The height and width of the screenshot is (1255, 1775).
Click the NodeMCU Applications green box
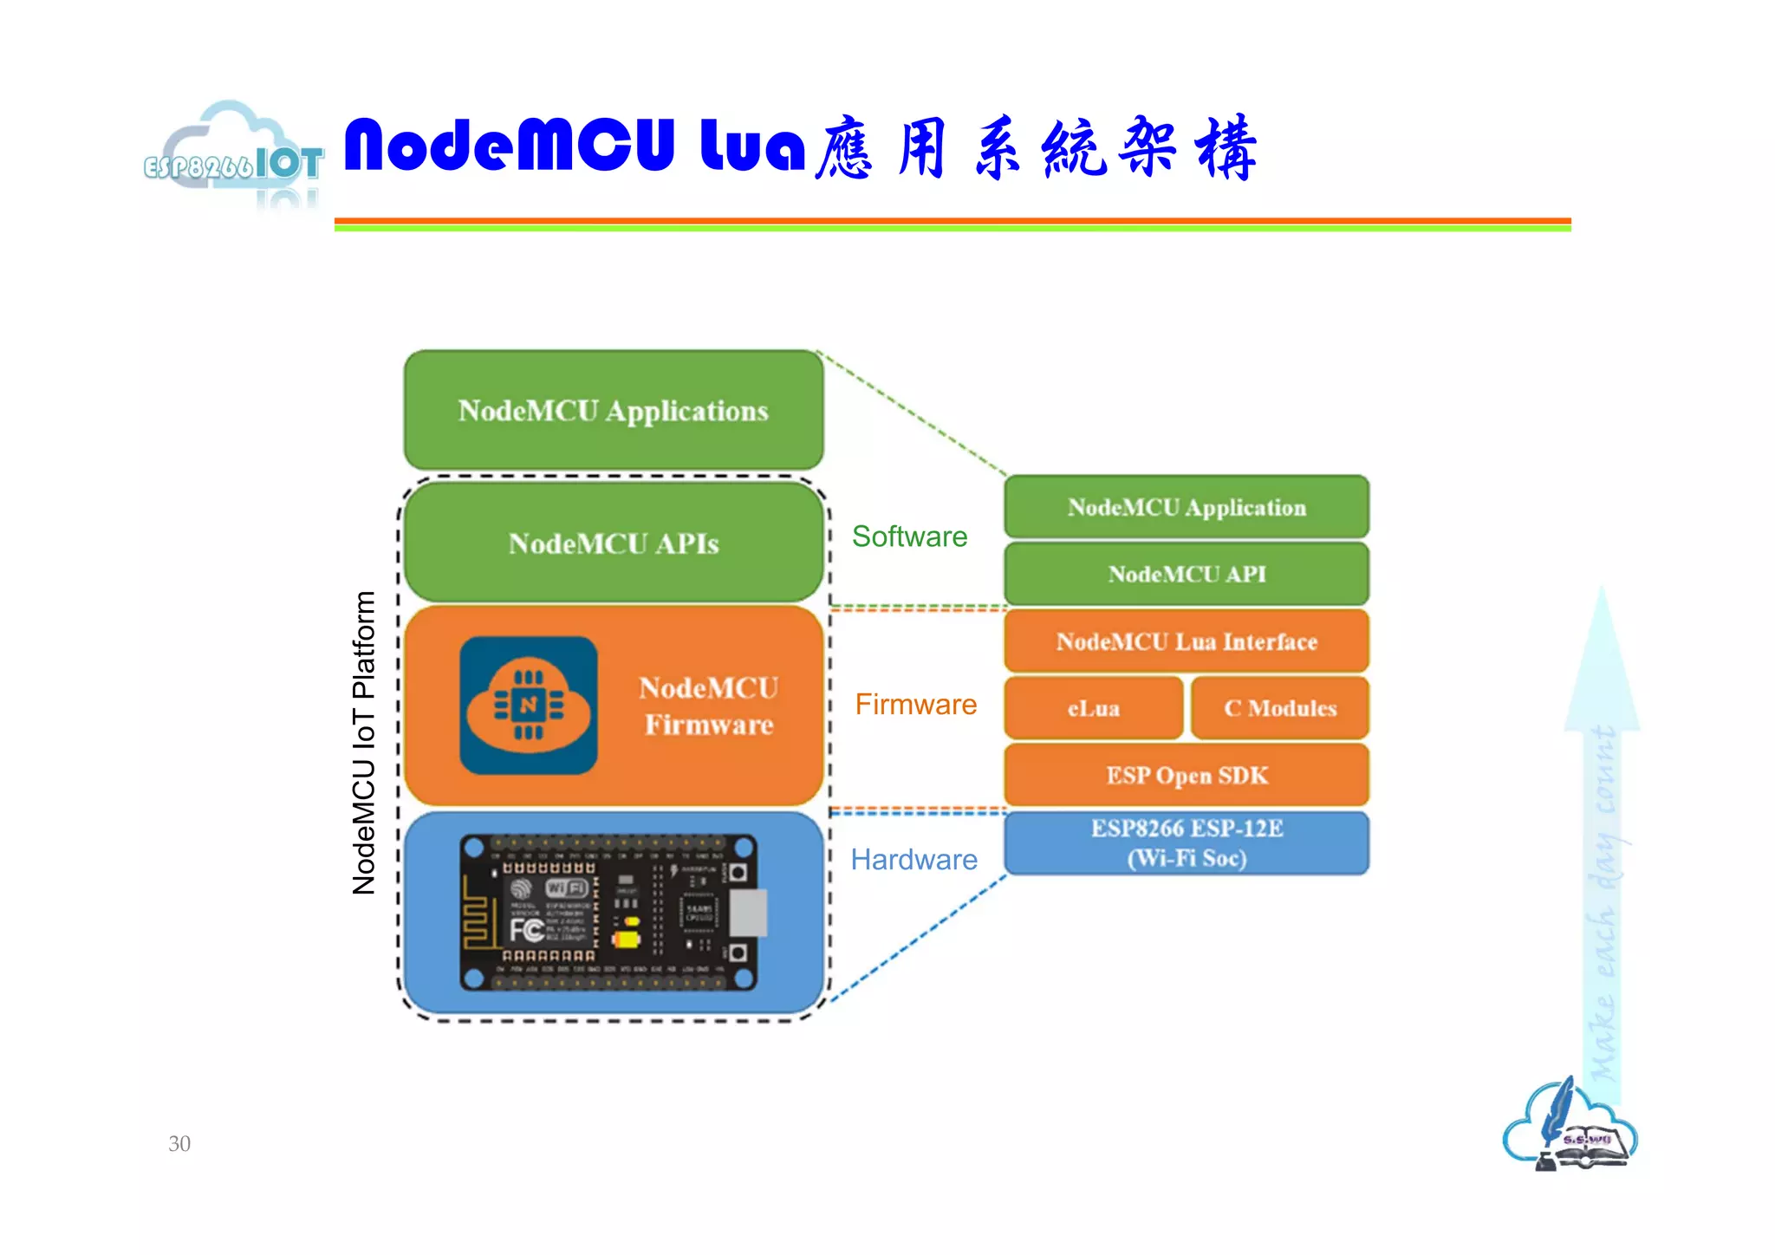tap(613, 410)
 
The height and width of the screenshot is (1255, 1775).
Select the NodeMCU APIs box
tap(613, 543)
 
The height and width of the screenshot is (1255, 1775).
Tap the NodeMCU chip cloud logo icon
tap(528, 706)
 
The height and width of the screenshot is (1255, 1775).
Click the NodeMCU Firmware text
tap(708, 706)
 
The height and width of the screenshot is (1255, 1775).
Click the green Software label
tap(909, 536)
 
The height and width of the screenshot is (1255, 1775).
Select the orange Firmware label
tap(915, 705)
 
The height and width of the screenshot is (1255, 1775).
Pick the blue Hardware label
tap(914, 860)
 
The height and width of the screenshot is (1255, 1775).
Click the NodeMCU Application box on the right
tap(1186, 507)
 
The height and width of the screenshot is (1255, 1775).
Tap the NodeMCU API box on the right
tap(1186, 574)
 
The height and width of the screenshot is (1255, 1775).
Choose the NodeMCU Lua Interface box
tap(1186, 641)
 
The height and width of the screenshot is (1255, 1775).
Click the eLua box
tap(1093, 708)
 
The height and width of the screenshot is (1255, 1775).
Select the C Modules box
tap(1279, 708)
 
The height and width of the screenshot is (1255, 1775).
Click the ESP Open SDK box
tap(1186, 775)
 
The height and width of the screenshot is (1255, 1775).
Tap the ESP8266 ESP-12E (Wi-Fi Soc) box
tap(1186, 842)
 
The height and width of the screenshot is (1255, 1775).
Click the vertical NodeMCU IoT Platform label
tap(364, 742)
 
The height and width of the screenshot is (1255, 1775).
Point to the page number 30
tap(179, 1143)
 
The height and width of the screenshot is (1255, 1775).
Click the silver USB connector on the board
tap(749, 912)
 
